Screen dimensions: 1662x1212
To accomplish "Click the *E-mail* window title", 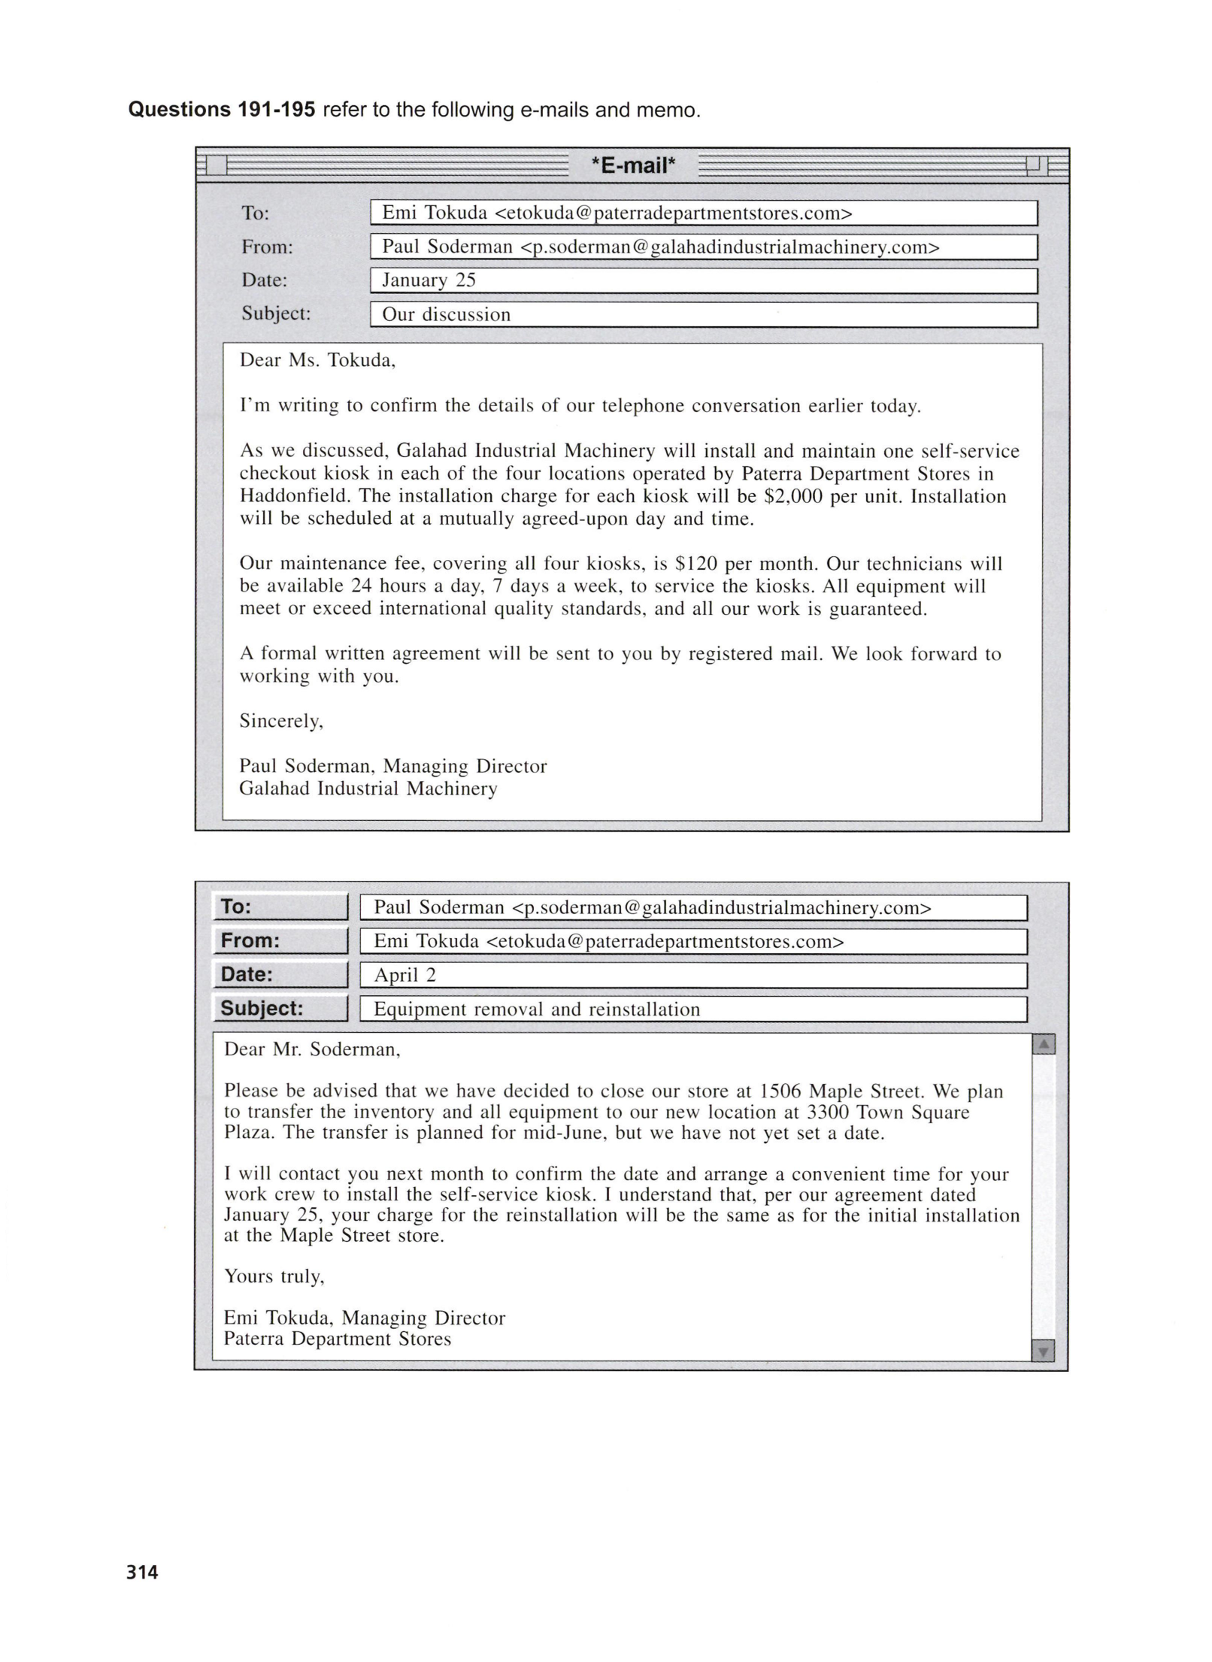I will point(633,165).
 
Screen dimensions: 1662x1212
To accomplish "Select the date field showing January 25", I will point(703,281).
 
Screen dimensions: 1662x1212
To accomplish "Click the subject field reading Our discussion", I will point(703,315).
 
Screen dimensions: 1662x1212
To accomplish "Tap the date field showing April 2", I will point(692,976).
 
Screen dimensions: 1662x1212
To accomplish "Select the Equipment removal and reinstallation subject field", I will point(692,1010).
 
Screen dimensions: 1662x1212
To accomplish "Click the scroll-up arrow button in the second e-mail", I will point(1044,1044).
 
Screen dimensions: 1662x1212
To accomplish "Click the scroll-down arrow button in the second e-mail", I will point(1044,1352).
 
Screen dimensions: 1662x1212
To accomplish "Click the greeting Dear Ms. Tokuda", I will point(317,361).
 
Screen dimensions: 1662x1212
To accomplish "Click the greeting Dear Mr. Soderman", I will point(312,1050).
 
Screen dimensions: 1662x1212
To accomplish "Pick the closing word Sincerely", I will point(281,722).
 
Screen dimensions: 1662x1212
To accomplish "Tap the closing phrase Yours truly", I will point(274,1276).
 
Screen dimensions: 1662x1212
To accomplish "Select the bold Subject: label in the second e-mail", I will point(262,1009).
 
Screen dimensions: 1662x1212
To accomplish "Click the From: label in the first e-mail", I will point(267,247).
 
